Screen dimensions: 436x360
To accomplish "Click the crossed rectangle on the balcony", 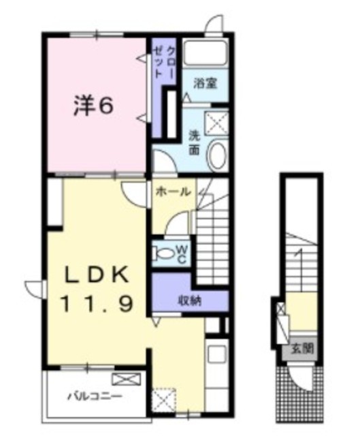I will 124,380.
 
